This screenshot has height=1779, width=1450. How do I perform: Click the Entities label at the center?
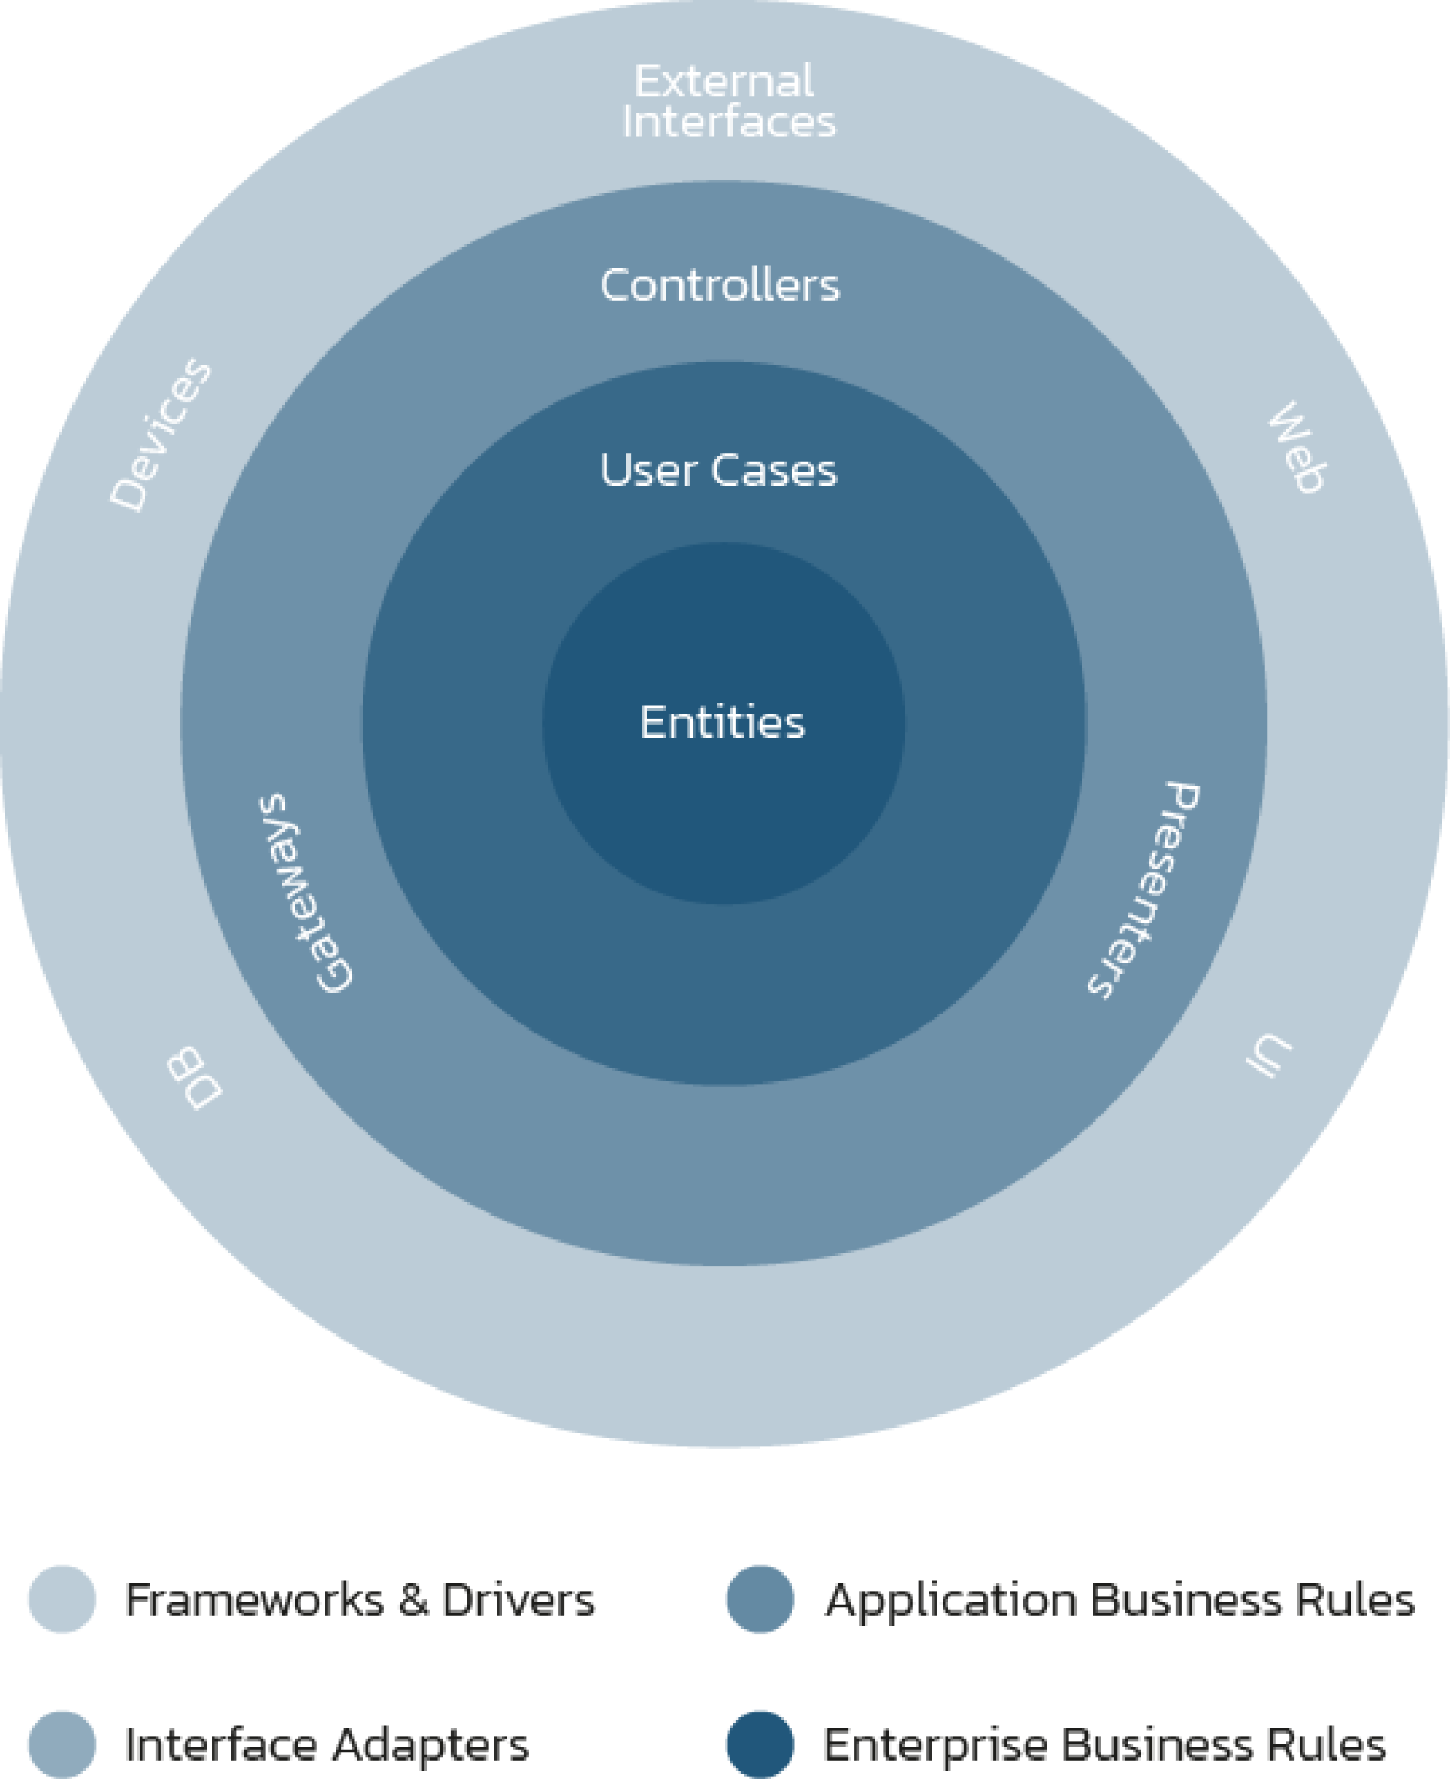pos(723,722)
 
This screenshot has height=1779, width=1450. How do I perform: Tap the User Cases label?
pos(718,470)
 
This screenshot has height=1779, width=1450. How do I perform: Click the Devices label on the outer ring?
pos(161,434)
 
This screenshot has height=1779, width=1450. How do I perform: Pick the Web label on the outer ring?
pos(1297,449)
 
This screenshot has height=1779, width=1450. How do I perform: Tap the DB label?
pos(194,1078)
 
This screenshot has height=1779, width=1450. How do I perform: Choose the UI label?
pos(1268,1057)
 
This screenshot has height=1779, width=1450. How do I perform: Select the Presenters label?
pos(1145,889)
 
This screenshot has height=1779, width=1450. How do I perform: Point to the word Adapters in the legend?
pos(431,1746)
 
